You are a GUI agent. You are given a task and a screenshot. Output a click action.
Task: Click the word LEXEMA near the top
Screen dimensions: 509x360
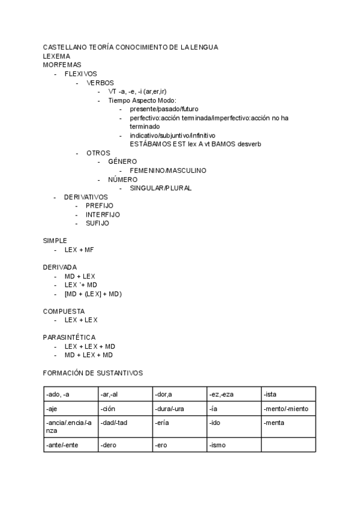pos(57,56)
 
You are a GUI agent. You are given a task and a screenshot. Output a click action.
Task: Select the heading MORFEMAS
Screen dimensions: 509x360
pos(62,64)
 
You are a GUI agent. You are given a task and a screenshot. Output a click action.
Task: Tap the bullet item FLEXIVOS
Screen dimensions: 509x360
pos(80,73)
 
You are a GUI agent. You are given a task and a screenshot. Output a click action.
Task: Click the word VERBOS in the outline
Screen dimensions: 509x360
pos(100,82)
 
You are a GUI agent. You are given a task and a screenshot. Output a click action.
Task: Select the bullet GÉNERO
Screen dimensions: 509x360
pos(122,161)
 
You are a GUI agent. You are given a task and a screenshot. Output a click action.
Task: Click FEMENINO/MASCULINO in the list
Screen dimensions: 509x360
pos(168,170)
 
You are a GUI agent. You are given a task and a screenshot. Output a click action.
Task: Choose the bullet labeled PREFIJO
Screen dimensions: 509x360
pos(100,205)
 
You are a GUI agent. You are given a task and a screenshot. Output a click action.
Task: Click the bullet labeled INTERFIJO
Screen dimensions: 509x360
pos(103,214)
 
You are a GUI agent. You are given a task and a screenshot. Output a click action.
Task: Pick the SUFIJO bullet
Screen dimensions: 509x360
pos(97,223)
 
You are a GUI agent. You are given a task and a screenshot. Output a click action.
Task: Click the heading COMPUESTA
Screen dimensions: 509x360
pos(64,311)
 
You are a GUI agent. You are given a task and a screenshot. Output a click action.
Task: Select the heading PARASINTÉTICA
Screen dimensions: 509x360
pos(69,337)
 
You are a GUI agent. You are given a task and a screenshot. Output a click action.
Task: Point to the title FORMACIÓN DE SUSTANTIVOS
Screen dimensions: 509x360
pos(93,373)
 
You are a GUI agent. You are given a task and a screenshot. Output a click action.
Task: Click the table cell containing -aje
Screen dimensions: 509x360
pos(70,409)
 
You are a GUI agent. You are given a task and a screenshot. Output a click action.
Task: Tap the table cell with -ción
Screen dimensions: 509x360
pos(125,409)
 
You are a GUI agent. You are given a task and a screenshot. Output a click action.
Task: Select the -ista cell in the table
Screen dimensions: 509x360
pos(288,394)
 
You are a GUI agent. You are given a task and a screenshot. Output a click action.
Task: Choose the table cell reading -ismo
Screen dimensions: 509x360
pos(234,445)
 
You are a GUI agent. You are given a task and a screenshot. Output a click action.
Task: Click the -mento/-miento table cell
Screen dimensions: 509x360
pos(288,409)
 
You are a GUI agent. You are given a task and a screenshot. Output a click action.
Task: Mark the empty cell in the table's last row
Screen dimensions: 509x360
pos(288,445)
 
